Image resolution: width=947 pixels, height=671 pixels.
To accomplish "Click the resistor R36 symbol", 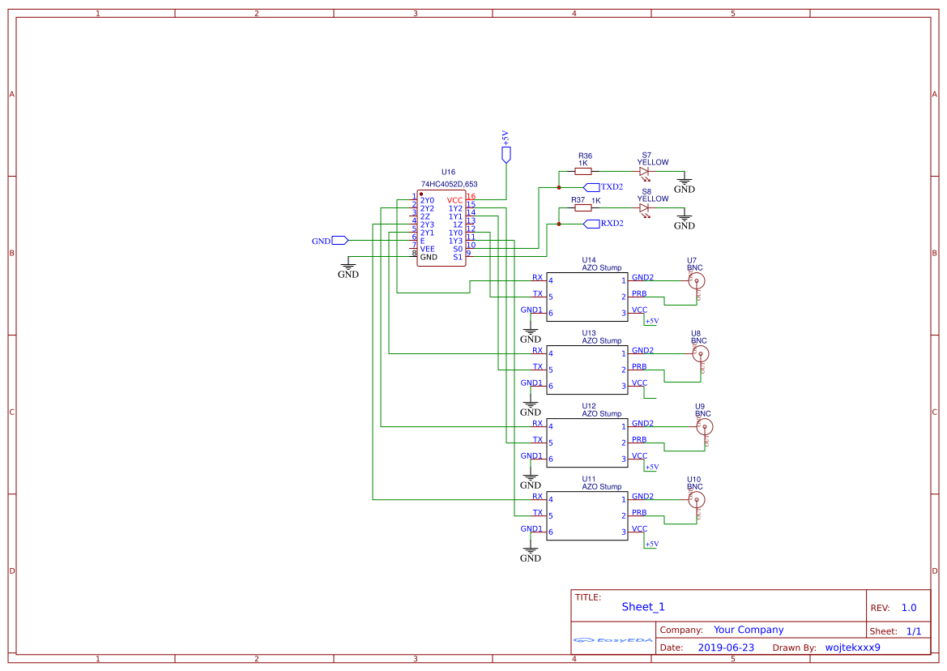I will [x=582, y=171].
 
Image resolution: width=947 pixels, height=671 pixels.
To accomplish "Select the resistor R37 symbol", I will [x=582, y=208].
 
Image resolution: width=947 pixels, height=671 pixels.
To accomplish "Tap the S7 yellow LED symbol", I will [x=644, y=171].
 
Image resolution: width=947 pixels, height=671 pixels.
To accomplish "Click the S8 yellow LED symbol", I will [x=644, y=208].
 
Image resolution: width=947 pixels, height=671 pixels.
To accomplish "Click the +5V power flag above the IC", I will [x=506, y=154].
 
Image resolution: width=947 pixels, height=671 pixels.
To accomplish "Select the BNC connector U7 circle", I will [x=695, y=280].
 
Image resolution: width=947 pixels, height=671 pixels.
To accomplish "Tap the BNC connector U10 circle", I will [x=695, y=499].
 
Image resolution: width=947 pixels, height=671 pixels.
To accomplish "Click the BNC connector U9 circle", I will [x=705, y=426].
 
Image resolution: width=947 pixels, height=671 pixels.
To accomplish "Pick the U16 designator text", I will [x=448, y=173].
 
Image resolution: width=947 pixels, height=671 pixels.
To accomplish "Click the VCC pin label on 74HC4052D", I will [x=455, y=200].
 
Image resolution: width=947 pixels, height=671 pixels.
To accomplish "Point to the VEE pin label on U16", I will [x=428, y=249].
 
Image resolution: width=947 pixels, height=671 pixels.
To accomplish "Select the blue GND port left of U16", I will [x=340, y=241].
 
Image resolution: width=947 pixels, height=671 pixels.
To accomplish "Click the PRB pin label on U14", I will [x=639, y=293].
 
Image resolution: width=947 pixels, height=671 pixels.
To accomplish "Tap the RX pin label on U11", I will [x=537, y=496].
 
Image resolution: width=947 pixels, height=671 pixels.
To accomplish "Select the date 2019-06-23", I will [x=725, y=647].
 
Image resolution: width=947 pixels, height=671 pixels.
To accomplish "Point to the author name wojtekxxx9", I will [x=852, y=647].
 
